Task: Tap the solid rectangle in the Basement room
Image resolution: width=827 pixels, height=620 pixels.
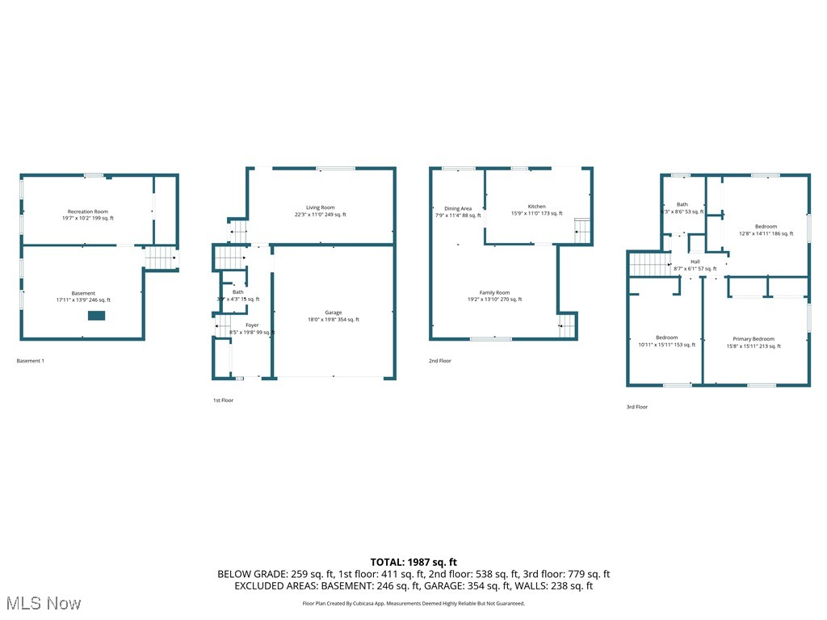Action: pyautogui.click(x=96, y=316)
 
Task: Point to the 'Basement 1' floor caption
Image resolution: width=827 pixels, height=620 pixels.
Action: pyautogui.click(x=31, y=361)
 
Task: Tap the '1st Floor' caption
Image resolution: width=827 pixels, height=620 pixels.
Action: pyautogui.click(x=222, y=400)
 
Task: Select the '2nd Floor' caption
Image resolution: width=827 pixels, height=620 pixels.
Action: pyautogui.click(x=439, y=361)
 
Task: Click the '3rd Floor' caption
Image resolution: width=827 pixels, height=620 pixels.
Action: pyautogui.click(x=637, y=407)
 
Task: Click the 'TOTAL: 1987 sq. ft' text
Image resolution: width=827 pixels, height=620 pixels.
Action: pyautogui.click(x=413, y=562)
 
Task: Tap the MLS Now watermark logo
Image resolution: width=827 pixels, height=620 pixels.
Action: pyautogui.click(x=42, y=603)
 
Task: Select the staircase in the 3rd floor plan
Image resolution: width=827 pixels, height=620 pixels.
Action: pyautogui.click(x=649, y=263)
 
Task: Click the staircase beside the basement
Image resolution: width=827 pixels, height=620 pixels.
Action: pyautogui.click(x=160, y=258)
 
